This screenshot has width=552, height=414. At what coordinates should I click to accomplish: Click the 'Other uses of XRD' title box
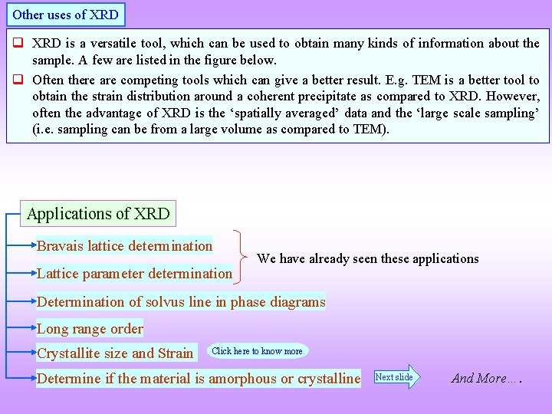pyautogui.click(x=65, y=14)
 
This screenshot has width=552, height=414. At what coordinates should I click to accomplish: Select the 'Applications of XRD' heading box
pyautogui.click(x=98, y=214)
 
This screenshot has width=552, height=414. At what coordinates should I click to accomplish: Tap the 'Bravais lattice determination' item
pyautogui.click(x=125, y=246)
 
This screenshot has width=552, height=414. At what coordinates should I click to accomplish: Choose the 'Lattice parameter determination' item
pyautogui.click(x=135, y=274)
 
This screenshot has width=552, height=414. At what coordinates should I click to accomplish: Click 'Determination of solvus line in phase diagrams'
pyautogui.click(x=181, y=302)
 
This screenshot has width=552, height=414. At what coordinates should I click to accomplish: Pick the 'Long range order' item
pyautogui.click(x=90, y=329)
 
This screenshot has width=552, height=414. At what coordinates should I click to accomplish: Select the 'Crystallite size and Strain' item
pyautogui.click(x=115, y=353)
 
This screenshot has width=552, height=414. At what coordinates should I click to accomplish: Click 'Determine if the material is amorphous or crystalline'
pyautogui.click(x=199, y=378)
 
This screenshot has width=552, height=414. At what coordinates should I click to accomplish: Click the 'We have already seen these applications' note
pyautogui.click(x=368, y=259)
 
